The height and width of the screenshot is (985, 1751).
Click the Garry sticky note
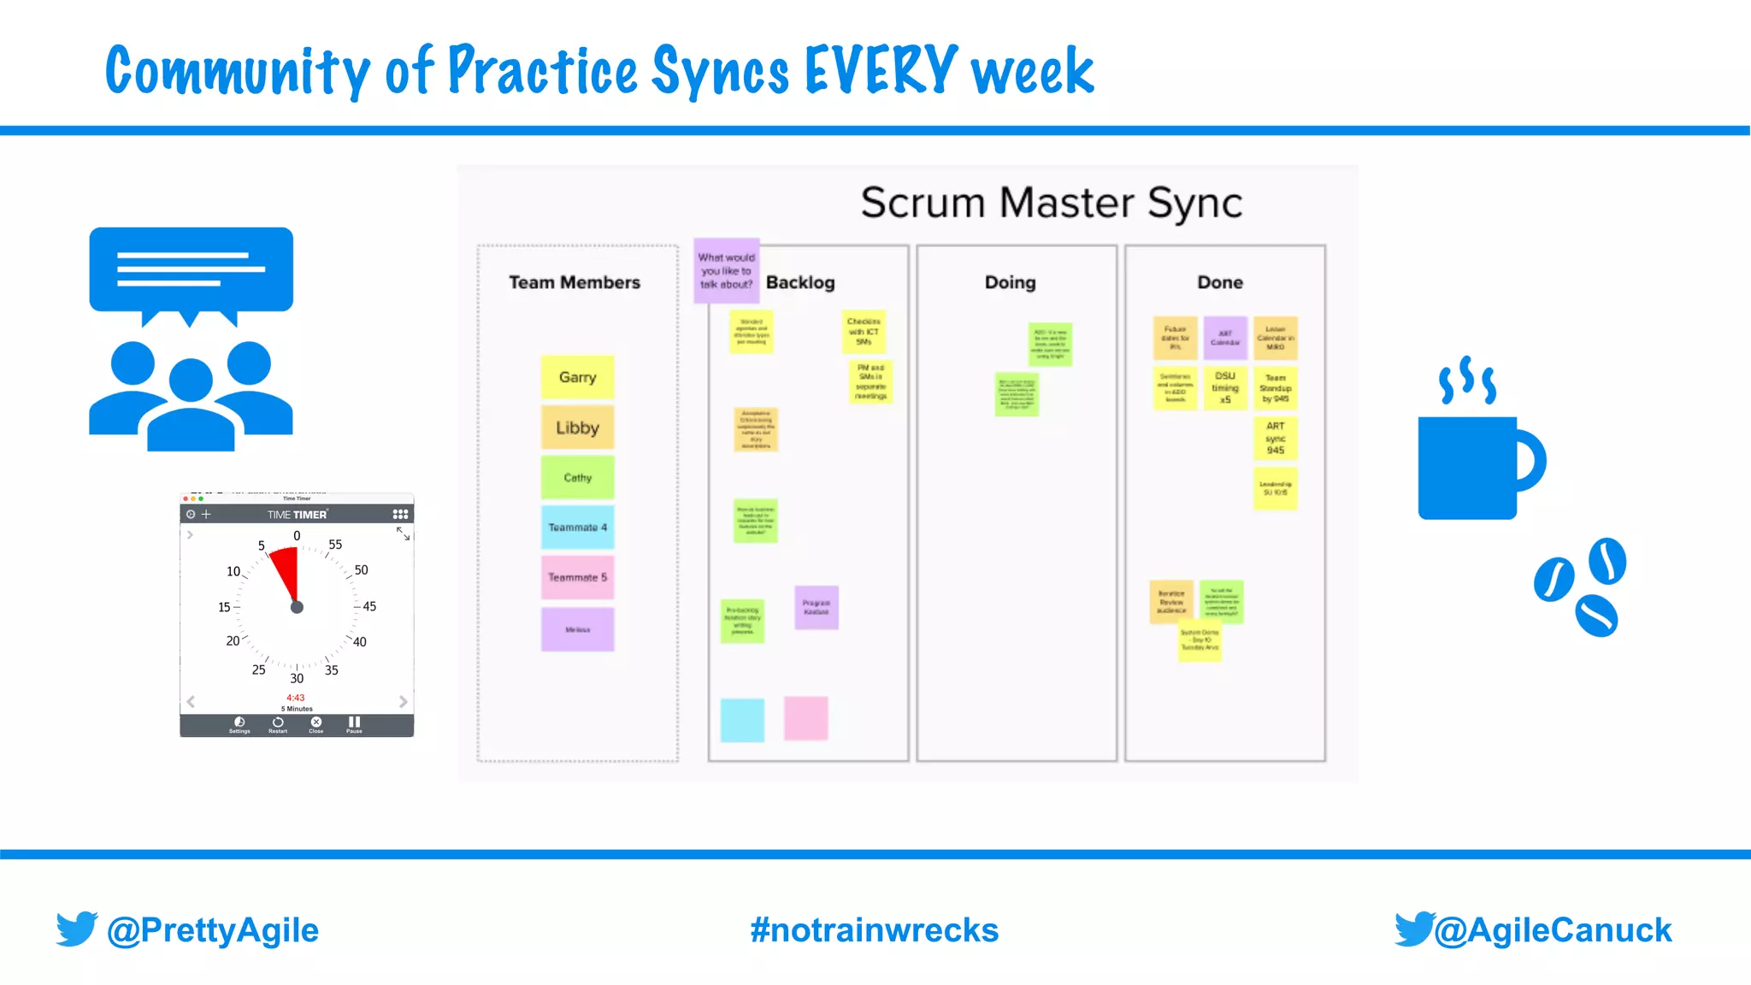577,377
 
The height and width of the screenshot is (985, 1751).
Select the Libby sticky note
577,428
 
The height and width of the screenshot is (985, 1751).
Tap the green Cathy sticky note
577,477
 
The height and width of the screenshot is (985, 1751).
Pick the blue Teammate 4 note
577,528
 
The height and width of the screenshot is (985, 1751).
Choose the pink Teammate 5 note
577,577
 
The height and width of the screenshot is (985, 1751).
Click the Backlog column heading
800,282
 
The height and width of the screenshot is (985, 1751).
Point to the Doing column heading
1010,282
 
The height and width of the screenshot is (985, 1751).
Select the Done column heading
1220,282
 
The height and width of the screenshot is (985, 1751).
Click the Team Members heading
575,282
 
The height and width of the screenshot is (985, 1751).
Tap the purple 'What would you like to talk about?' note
726,270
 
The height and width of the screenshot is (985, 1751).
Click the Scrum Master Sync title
1051,203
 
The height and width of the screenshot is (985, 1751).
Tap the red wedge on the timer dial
286,569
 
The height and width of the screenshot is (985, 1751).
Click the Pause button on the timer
354,724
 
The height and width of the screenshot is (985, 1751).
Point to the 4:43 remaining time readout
296,698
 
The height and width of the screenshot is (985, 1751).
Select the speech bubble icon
191,272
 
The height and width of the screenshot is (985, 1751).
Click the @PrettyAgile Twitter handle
212,930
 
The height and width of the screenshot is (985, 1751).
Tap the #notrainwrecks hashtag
874,930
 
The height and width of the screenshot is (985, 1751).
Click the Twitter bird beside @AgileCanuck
1413,929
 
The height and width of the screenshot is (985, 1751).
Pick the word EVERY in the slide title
881,70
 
